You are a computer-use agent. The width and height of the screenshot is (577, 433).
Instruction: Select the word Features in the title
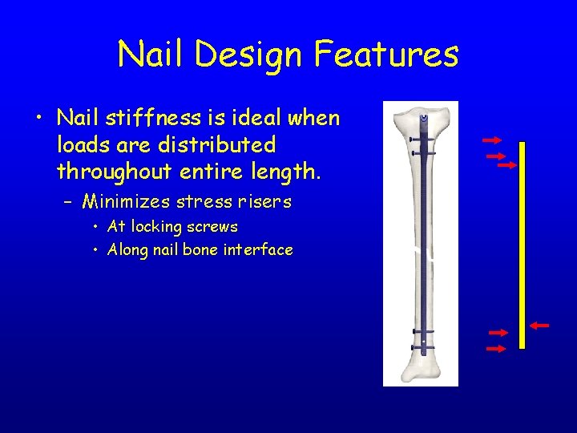[386, 55]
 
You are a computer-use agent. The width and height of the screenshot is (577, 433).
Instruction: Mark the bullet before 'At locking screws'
[96, 227]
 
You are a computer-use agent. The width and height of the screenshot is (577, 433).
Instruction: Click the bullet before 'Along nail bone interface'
[96, 249]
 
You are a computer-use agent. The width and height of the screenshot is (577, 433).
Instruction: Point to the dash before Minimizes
[71, 201]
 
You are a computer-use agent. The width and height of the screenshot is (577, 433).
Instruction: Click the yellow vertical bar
[522, 245]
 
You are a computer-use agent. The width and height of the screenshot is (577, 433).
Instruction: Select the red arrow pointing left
[539, 326]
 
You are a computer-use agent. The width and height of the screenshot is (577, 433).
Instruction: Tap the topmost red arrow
[491, 140]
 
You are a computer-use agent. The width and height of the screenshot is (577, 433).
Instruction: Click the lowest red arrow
[497, 349]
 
